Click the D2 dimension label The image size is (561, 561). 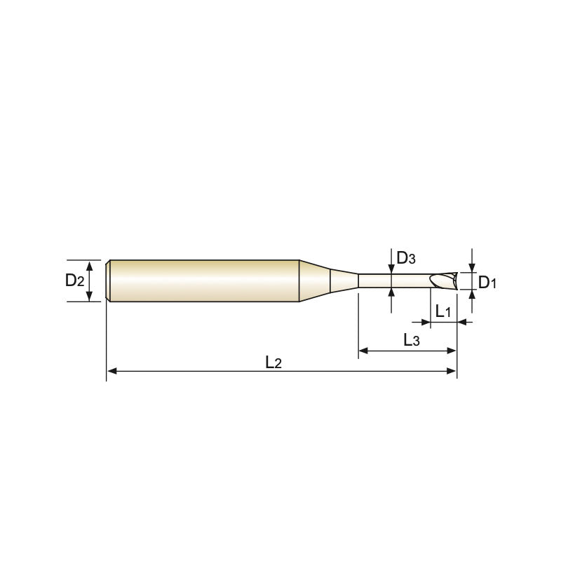pos(74,280)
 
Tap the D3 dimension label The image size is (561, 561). pos(406,257)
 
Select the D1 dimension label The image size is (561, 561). pos(487,283)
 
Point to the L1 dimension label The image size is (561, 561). pos(443,311)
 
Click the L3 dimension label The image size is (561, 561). pos(412,340)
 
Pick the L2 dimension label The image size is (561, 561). pos(273,363)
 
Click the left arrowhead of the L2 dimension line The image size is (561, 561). pos(111,371)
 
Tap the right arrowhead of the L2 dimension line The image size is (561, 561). pos(452,371)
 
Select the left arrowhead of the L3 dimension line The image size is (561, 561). pos(363,351)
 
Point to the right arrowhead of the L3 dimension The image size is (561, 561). pos(452,351)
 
